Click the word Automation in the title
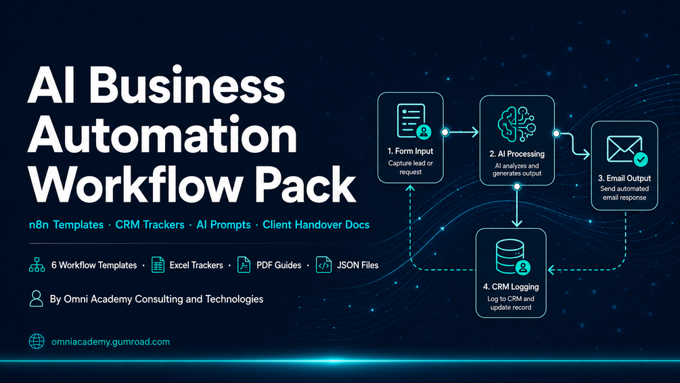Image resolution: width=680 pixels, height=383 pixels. tap(162, 135)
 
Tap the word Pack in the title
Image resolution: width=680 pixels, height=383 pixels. tap(305, 185)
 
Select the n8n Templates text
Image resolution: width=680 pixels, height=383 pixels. tap(66, 225)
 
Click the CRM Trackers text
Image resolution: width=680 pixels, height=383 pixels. tap(150, 225)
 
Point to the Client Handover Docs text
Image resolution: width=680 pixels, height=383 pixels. tap(316, 225)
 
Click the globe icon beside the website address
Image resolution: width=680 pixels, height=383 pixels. tap(37, 341)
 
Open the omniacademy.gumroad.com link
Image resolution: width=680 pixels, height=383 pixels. tap(110, 342)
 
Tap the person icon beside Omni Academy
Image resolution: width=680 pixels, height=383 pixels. tap(37, 298)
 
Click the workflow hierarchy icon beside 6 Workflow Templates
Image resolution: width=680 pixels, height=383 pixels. tap(37, 265)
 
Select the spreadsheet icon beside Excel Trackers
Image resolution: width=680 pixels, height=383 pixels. tap(158, 265)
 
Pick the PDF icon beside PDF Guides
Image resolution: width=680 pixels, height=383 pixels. tap(244, 265)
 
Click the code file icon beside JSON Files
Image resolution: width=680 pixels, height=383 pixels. tap(323, 265)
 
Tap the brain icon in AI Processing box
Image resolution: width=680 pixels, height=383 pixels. tap(516, 124)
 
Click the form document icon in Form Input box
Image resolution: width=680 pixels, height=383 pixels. tap(413, 121)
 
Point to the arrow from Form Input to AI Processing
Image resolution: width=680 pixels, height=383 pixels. tap(461, 132)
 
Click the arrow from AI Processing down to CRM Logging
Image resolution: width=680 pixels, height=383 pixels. tap(516, 206)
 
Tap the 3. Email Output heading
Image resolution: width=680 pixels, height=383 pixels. tap(625, 178)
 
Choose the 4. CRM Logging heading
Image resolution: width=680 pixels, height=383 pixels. tap(511, 287)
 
